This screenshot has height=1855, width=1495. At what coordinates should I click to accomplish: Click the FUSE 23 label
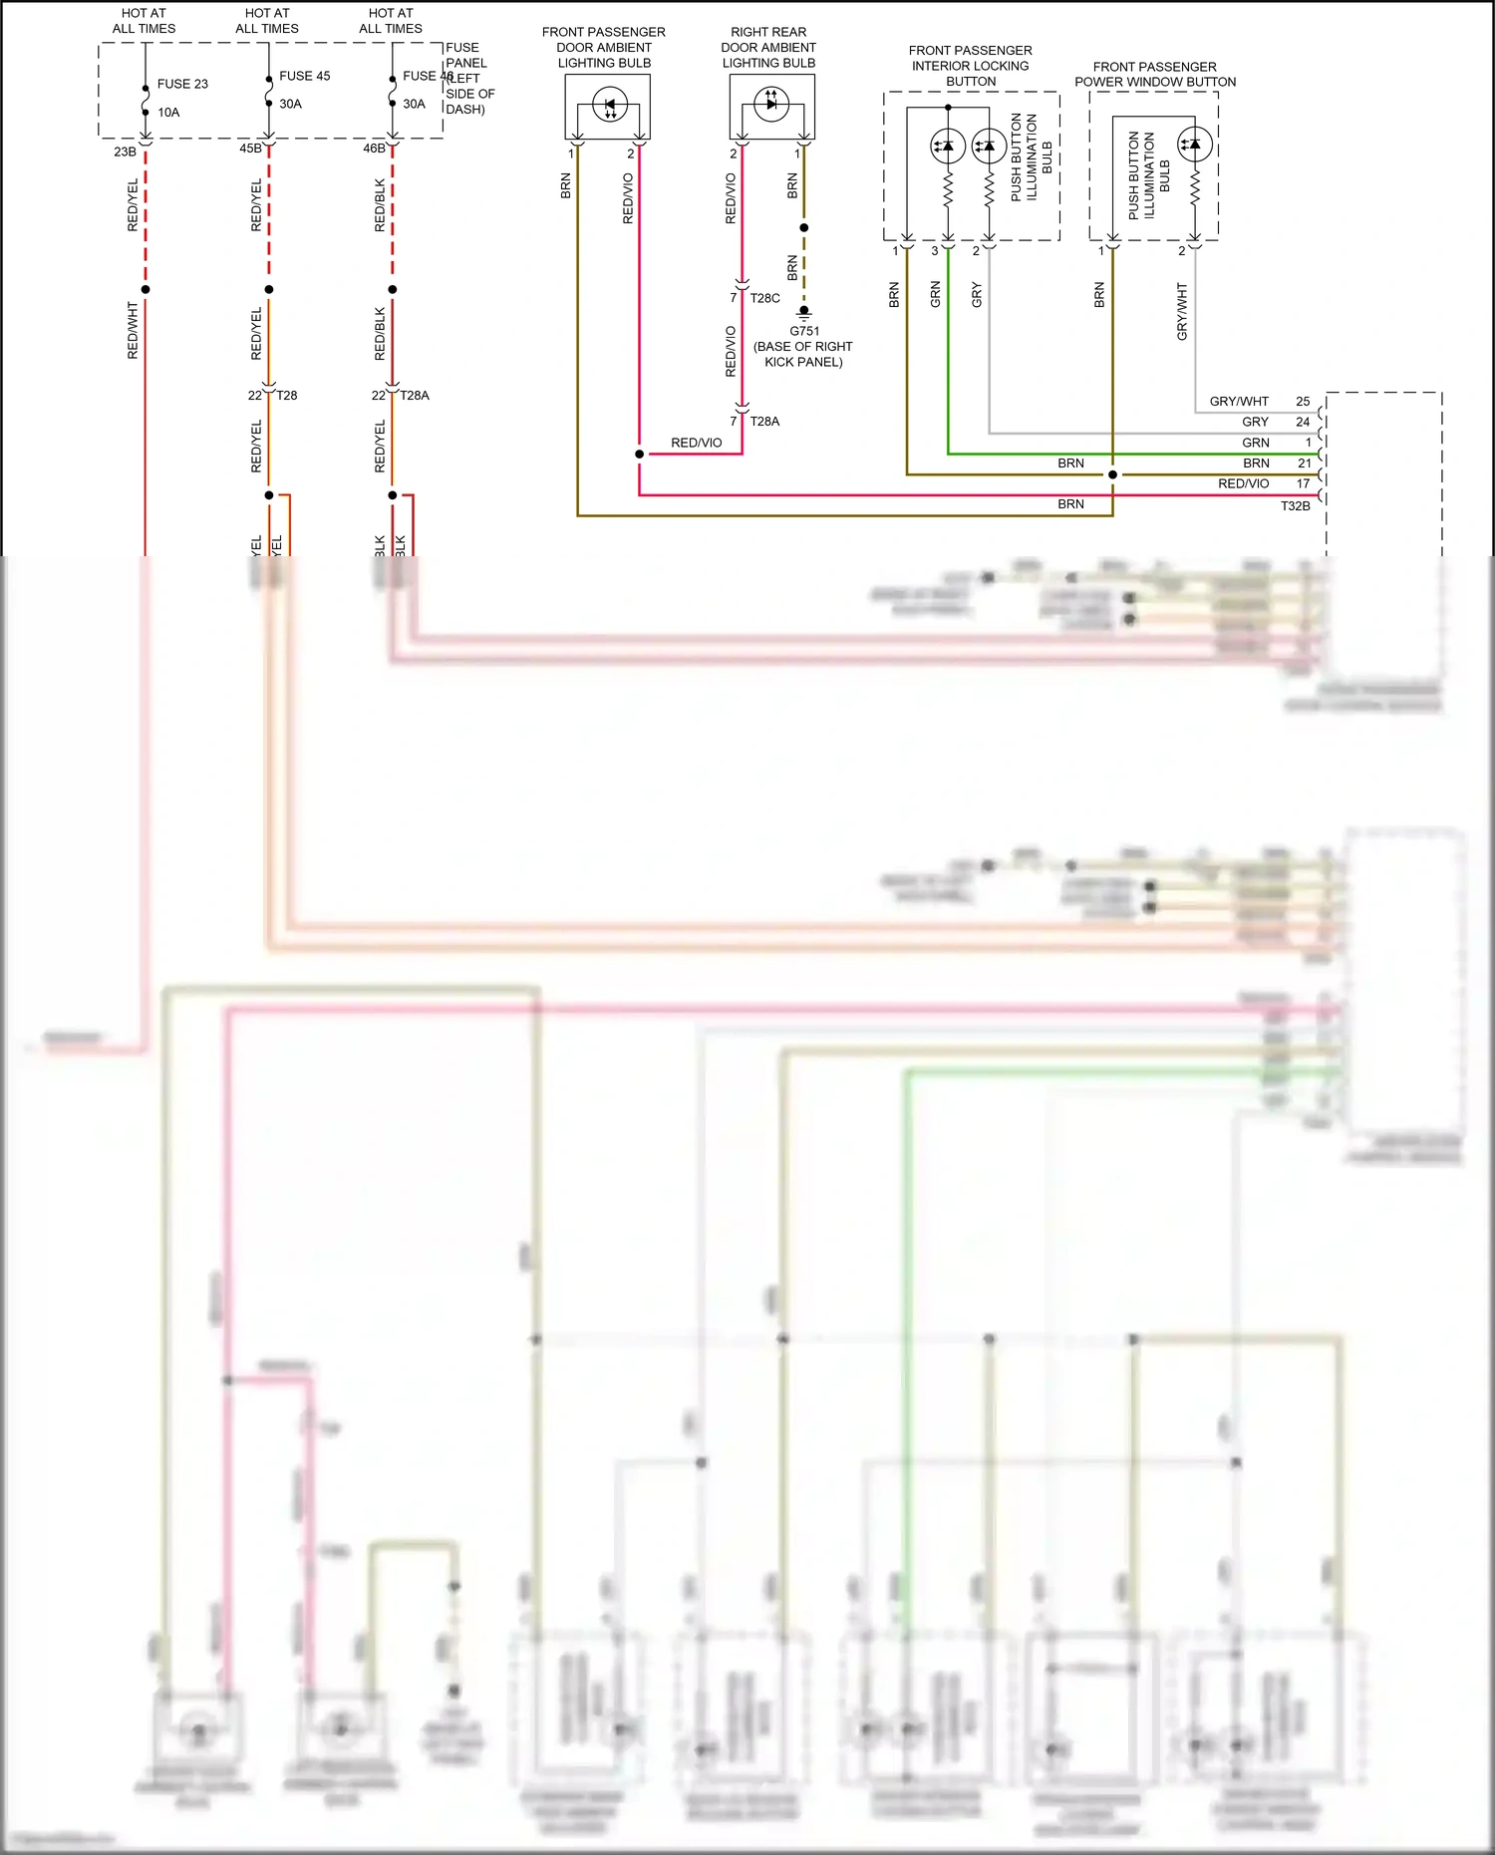click(x=182, y=84)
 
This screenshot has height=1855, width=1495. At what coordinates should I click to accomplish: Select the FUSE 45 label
click(x=304, y=76)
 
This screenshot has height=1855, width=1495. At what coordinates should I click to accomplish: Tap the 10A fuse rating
click(x=168, y=113)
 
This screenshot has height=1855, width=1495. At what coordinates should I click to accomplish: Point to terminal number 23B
click(x=125, y=152)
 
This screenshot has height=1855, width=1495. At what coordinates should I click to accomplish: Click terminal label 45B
click(x=250, y=149)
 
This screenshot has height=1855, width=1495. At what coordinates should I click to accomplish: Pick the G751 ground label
click(x=804, y=331)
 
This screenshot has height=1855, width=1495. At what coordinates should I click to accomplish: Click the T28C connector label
click(x=764, y=298)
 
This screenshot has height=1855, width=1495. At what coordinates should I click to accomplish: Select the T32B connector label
click(x=1295, y=506)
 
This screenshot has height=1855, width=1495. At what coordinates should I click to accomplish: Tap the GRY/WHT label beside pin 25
click(x=1239, y=402)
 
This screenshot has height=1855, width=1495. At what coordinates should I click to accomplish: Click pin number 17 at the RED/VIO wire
click(x=1303, y=483)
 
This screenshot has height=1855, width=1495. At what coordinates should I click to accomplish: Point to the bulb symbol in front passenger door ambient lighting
click(x=609, y=105)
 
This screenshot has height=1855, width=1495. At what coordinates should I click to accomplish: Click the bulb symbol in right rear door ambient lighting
click(x=770, y=103)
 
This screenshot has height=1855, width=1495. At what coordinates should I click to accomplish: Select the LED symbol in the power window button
click(x=1194, y=145)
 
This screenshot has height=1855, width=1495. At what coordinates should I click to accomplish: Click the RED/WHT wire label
click(x=133, y=331)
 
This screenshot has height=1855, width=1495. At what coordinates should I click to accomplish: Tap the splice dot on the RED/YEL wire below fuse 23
click(x=146, y=289)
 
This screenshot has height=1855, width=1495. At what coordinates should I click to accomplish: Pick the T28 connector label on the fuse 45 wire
click(x=287, y=396)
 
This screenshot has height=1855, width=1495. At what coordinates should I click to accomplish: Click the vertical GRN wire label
click(x=935, y=294)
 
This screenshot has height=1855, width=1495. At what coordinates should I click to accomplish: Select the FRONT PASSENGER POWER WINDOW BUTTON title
click(x=1154, y=74)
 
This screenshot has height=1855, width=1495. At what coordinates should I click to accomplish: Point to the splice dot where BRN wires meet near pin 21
click(x=1112, y=474)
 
